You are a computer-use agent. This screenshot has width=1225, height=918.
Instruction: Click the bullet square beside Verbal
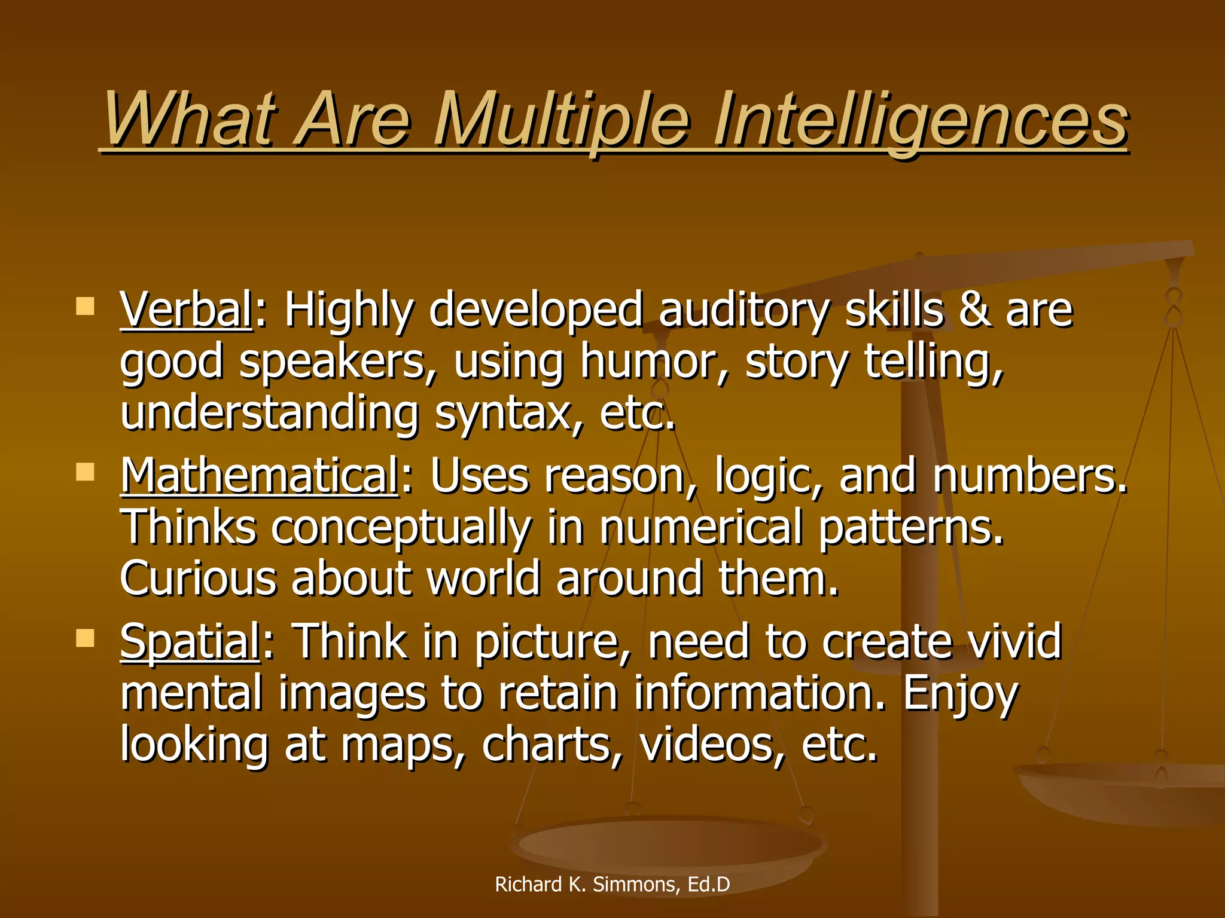tap(86, 307)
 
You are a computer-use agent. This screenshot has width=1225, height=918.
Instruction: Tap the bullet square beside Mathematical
tap(86, 472)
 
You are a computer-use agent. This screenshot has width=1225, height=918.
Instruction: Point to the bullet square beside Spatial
tap(86, 638)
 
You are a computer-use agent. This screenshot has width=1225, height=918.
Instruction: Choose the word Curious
tap(198, 579)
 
